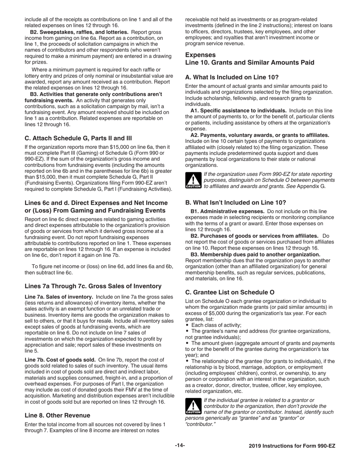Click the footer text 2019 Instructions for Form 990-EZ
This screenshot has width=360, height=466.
[292, 446]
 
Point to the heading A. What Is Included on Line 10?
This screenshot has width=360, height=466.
[232, 77]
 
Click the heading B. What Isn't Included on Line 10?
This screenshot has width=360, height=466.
[235, 202]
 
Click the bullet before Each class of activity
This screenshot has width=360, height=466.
[188, 325]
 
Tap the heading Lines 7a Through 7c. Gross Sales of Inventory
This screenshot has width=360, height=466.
[93, 286]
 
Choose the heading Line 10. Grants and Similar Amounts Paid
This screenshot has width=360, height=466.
[249, 63]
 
